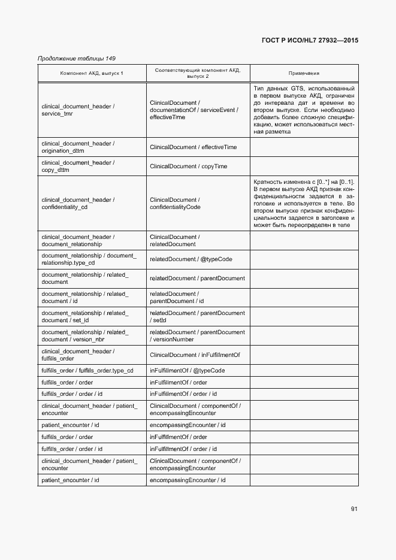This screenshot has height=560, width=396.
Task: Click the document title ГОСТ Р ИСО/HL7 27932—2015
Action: tap(310, 41)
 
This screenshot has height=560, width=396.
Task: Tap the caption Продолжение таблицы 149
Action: tap(76, 58)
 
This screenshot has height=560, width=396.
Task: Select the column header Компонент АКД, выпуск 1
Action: tap(92, 73)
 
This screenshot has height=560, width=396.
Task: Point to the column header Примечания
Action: tap(304, 73)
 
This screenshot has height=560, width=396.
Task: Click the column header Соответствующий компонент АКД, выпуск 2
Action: tap(198, 73)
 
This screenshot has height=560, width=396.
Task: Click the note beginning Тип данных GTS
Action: tap(304, 110)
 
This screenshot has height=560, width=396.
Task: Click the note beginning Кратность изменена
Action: tap(304, 204)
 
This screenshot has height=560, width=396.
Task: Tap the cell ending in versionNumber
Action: tap(197, 335)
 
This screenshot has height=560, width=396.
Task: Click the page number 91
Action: tap(354, 509)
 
